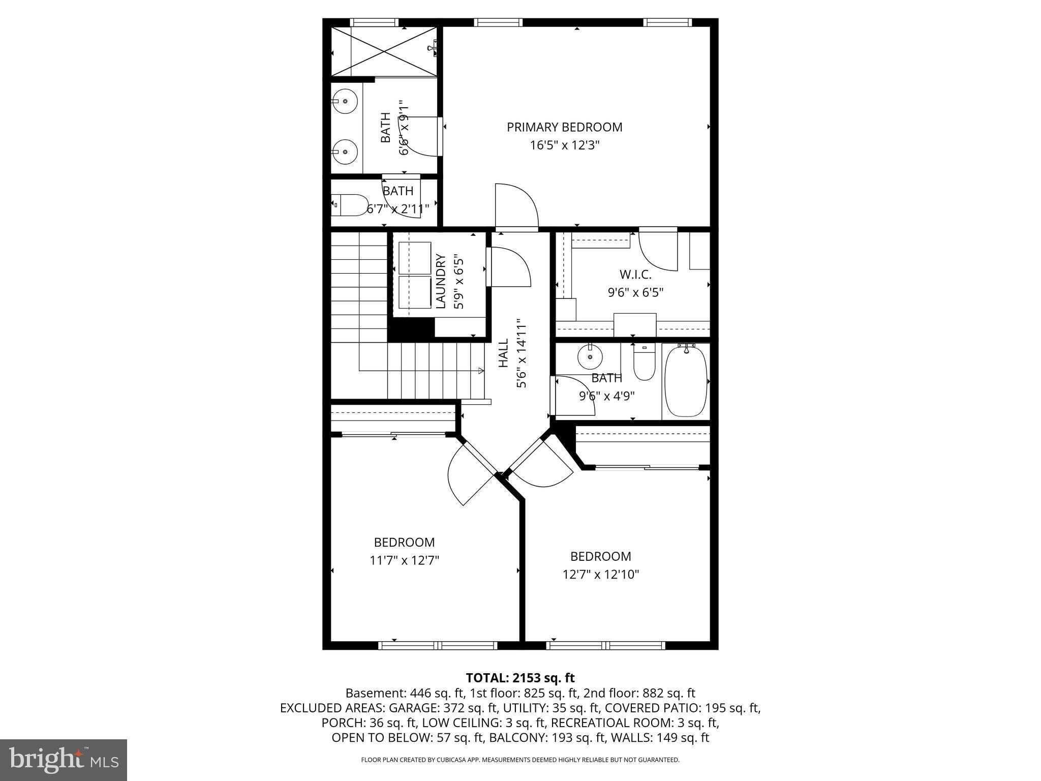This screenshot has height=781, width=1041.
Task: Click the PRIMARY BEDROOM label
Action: [x=564, y=127]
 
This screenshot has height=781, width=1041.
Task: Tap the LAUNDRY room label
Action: [x=441, y=281]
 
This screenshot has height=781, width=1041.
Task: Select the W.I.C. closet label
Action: [x=635, y=275]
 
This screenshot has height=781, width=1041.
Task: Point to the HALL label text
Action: [x=503, y=353]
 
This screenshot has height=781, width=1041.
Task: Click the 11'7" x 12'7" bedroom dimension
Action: [x=404, y=560]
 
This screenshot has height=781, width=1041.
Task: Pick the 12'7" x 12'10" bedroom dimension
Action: [x=600, y=575]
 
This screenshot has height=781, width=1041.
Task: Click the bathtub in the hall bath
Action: [x=686, y=380]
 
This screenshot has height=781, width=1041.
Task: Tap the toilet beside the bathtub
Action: [x=645, y=363]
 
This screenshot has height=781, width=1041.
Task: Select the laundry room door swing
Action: [x=510, y=266]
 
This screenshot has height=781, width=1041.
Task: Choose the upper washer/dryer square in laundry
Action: [x=414, y=258]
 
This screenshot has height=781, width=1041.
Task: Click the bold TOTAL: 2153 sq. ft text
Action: [x=520, y=678]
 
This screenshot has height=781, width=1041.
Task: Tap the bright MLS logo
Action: [x=64, y=760]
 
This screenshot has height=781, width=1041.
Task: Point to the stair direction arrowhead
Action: [x=481, y=371]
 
